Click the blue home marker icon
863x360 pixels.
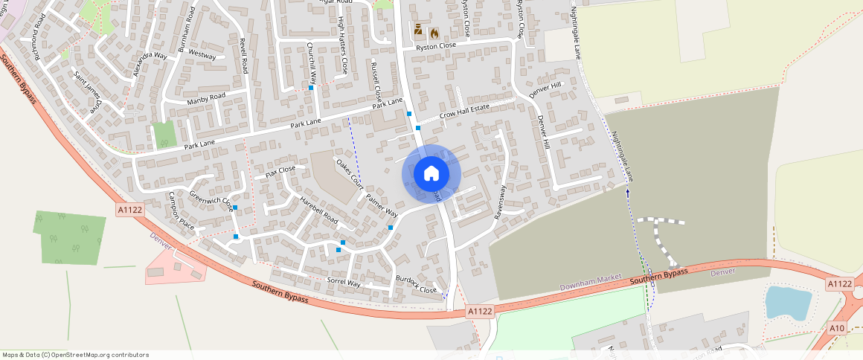(431, 174)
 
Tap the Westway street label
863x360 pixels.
(202, 56)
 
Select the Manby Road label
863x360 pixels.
(206, 97)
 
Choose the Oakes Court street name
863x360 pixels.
(349, 172)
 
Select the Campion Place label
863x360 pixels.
(182, 210)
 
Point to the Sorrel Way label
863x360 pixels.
(344, 283)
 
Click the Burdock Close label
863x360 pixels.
(417, 284)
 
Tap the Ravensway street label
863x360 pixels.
(500, 202)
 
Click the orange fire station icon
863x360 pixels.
(434, 33)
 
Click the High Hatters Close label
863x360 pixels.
(343, 45)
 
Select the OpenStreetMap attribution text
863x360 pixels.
(75, 355)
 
